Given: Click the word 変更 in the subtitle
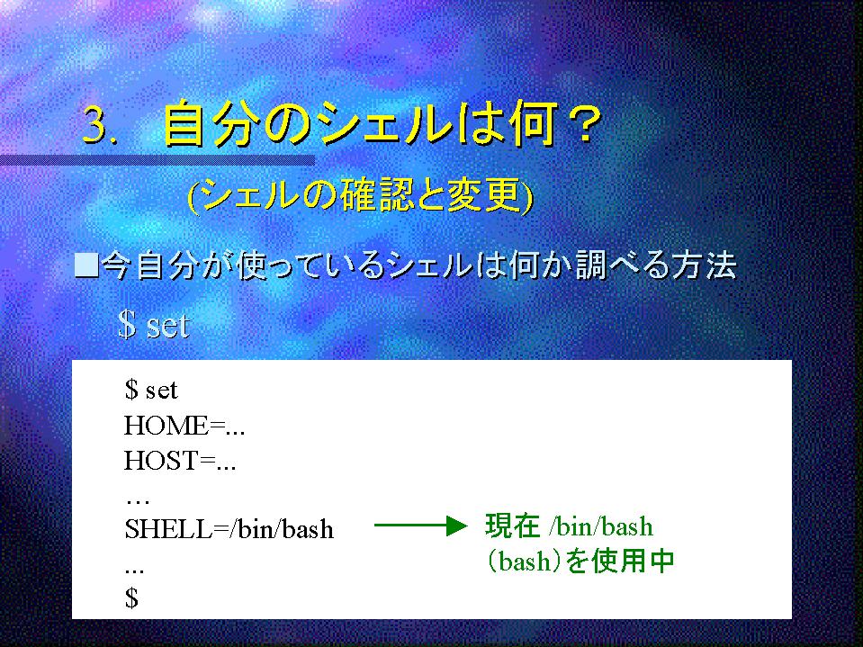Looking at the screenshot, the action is click(x=484, y=196).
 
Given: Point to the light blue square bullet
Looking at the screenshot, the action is click(x=86, y=265).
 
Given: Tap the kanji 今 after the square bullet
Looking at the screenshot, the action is click(x=118, y=265).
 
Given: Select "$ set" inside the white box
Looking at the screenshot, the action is click(x=151, y=390).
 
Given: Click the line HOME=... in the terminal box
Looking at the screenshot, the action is click(x=184, y=426).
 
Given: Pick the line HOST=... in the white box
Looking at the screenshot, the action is click(x=180, y=461).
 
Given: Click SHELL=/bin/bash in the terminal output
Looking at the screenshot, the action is click(x=229, y=529).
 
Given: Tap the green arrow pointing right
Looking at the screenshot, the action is click(x=420, y=526).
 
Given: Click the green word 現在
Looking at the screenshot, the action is click(x=512, y=526).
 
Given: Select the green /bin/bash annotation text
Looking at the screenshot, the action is click(x=601, y=526).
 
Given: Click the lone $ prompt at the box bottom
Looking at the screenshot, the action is click(x=131, y=598).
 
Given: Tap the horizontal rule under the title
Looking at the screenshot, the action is click(x=157, y=161).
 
